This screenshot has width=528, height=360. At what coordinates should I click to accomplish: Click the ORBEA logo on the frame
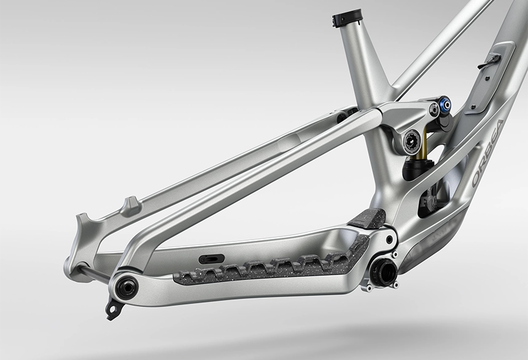click(487, 154)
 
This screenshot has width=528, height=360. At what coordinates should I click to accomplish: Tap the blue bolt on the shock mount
click(445, 105)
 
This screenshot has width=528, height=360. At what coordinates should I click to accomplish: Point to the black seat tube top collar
click(347, 20)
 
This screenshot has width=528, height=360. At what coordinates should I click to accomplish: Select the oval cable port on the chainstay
click(211, 259)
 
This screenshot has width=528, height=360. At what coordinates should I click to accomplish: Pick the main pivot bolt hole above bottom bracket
click(390, 240)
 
